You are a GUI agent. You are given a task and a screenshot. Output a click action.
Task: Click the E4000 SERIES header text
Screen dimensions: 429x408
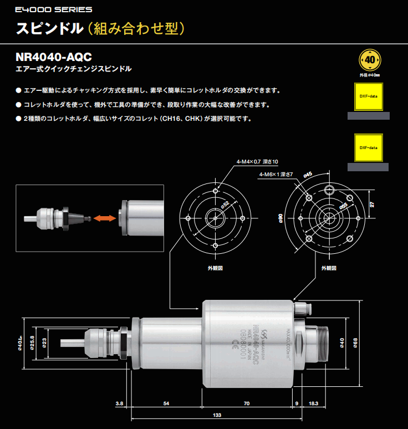pyautogui.click(x=47, y=9)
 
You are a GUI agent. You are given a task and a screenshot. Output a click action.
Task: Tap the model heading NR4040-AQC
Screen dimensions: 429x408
pyautogui.click(x=54, y=57)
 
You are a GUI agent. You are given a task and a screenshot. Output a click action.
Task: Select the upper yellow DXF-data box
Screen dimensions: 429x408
pyautogui.click(x=369, y=96)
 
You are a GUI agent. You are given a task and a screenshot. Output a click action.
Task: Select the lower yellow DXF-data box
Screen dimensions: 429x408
pyautogui.click(x=369, y=147)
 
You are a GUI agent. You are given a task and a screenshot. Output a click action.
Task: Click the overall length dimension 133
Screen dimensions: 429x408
pyautogui.click(x=217, y=415)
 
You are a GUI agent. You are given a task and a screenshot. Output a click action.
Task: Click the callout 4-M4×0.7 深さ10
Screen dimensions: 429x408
pyautogui.click(x=257, y=161)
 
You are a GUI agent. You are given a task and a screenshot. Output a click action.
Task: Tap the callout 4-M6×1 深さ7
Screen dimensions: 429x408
pyautogui.click(x=276, y=175)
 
